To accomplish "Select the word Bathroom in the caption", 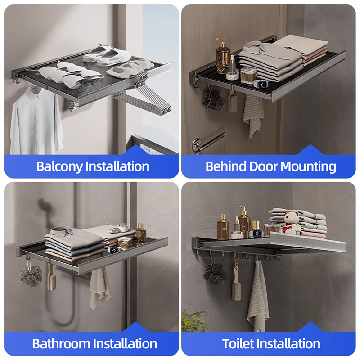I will point(62,344).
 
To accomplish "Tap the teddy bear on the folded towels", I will point(291,220).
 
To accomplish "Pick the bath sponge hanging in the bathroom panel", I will point(31,275).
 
